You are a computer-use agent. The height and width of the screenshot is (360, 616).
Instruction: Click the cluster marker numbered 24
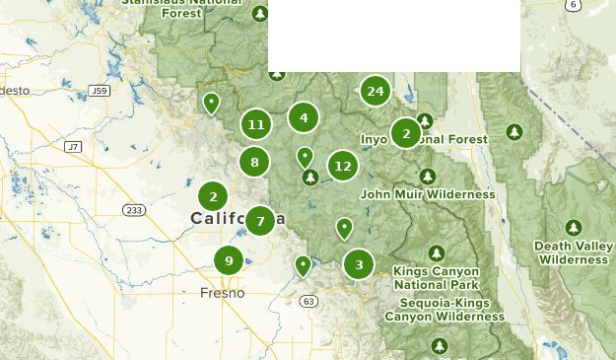tap(375, 92)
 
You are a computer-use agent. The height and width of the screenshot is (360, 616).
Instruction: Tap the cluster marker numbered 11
tap(256, 124)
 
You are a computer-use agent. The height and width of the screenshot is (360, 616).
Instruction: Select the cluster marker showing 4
tap(304, 118)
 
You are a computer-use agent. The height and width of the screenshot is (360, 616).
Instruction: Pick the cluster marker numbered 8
tap(254, 163)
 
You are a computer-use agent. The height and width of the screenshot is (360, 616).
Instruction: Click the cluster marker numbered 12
tap(342, 167)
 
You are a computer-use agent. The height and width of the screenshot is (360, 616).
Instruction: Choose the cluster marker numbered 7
tap(260, 221)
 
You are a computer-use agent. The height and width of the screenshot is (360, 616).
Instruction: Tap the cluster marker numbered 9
tap(229, 261)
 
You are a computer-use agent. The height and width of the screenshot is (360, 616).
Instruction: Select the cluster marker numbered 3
tap(359, 264)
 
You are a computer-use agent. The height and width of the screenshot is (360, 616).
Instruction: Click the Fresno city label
tap(222, 293)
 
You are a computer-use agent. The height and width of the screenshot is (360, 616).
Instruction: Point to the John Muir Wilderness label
tap(427, 195)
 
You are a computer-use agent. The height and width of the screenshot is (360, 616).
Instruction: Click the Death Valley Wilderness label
tap(574, 252)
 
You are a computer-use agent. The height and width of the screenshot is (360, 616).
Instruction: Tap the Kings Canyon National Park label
tap(436, 277)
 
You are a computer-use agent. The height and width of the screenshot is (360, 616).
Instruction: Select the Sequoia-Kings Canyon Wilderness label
tap(444, 310)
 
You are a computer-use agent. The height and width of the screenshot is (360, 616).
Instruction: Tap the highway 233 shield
tap(134, 210)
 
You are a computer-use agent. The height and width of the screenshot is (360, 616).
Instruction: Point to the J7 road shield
tap(72, 147)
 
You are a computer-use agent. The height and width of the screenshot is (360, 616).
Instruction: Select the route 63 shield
tap(308, 301)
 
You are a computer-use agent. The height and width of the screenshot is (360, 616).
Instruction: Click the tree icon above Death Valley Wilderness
tap(574, 228)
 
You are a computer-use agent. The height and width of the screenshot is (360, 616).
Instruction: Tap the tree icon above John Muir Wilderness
tap(427, 177)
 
